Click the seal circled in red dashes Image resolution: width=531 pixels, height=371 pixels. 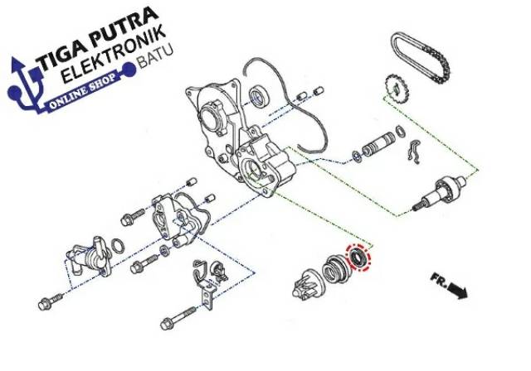(x=360, y=258)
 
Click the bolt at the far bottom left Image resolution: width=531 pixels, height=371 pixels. (x=49, y=302)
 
